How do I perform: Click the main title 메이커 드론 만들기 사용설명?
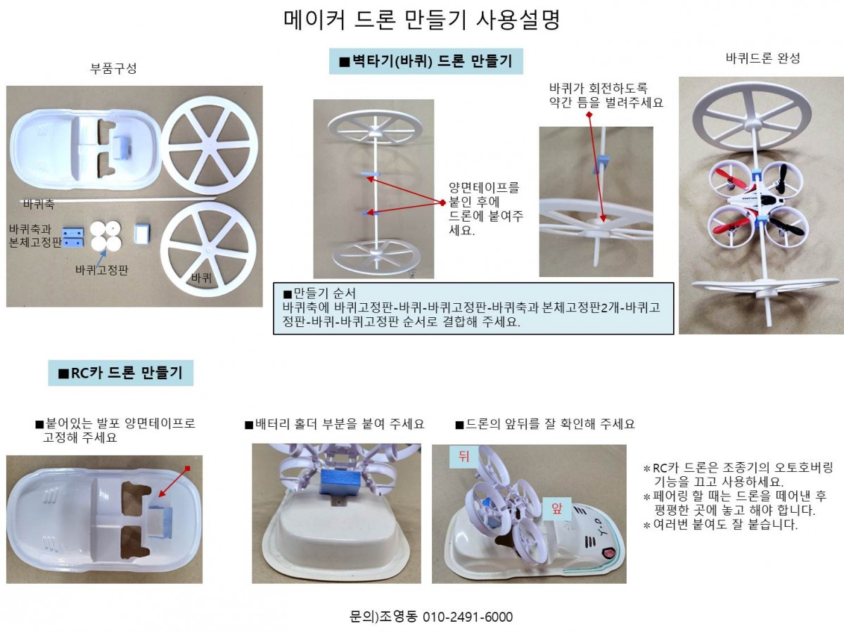point(421,20)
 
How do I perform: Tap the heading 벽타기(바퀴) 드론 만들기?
point(426,61)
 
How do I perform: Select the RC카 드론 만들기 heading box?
point(120,373)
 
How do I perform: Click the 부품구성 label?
point(113,68)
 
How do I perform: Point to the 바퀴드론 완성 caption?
point(762,58)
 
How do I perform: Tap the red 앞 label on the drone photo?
point(557,509)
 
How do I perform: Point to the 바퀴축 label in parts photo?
point(39,205)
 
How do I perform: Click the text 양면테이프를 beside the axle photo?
point(484,188)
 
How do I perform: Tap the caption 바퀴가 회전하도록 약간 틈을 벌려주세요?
point(606,95)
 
